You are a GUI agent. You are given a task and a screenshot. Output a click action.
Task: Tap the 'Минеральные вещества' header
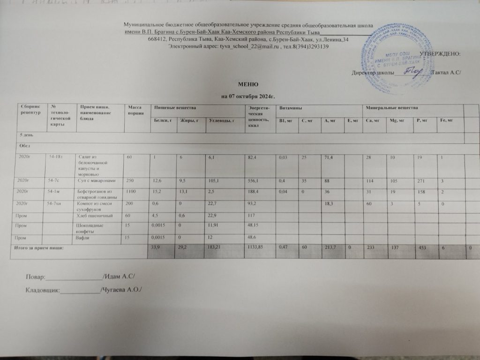tap(392, 109)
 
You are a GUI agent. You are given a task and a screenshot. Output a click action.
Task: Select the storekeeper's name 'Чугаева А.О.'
tap(122, 291)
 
